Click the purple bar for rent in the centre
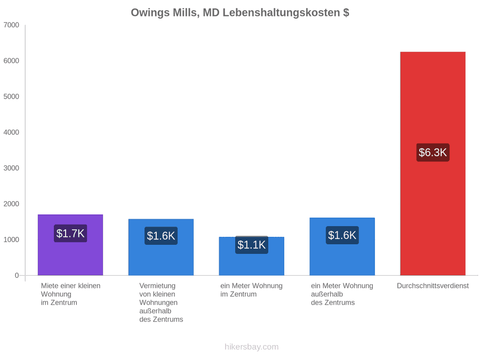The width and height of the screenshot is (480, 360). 70,245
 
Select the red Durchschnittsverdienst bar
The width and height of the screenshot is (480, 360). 433,164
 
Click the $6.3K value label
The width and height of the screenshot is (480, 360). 433,153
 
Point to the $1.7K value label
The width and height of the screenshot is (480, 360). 70,233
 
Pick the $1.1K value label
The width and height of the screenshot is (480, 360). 252,245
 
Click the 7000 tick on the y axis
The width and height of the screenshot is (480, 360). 11,25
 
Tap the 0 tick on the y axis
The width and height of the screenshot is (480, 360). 17,275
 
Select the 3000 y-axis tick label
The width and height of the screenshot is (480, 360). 11,168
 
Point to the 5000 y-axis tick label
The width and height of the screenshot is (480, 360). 11,97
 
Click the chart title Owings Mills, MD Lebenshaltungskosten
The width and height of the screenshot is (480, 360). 235,13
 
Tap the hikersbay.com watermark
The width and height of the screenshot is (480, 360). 252,347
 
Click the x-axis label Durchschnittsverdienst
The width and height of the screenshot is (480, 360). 433,286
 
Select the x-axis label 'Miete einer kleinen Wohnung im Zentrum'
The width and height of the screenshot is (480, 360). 71,294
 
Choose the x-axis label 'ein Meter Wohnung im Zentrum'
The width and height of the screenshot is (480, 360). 251,290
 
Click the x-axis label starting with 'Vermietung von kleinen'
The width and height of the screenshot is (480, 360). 161,302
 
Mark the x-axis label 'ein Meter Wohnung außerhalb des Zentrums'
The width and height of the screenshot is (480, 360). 342,294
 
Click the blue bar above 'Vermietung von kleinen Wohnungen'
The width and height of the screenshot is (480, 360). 161,247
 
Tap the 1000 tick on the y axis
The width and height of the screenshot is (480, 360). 11,239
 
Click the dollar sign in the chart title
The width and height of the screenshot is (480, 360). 346,13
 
